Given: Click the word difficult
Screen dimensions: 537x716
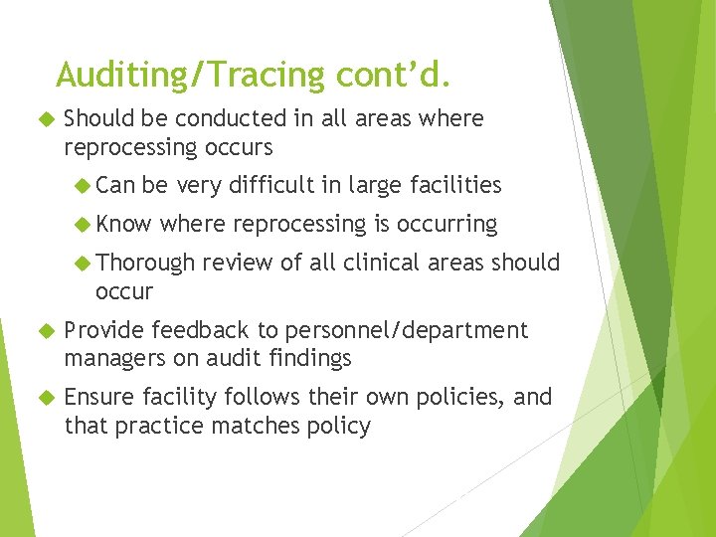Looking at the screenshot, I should (267, 185).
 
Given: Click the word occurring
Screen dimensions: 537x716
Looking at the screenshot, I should (447, 225).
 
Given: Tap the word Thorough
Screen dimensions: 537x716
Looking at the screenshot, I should (146, 263).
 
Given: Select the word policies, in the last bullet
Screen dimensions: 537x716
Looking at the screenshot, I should (464, 398).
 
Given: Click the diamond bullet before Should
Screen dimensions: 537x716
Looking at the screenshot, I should (43, 119).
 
